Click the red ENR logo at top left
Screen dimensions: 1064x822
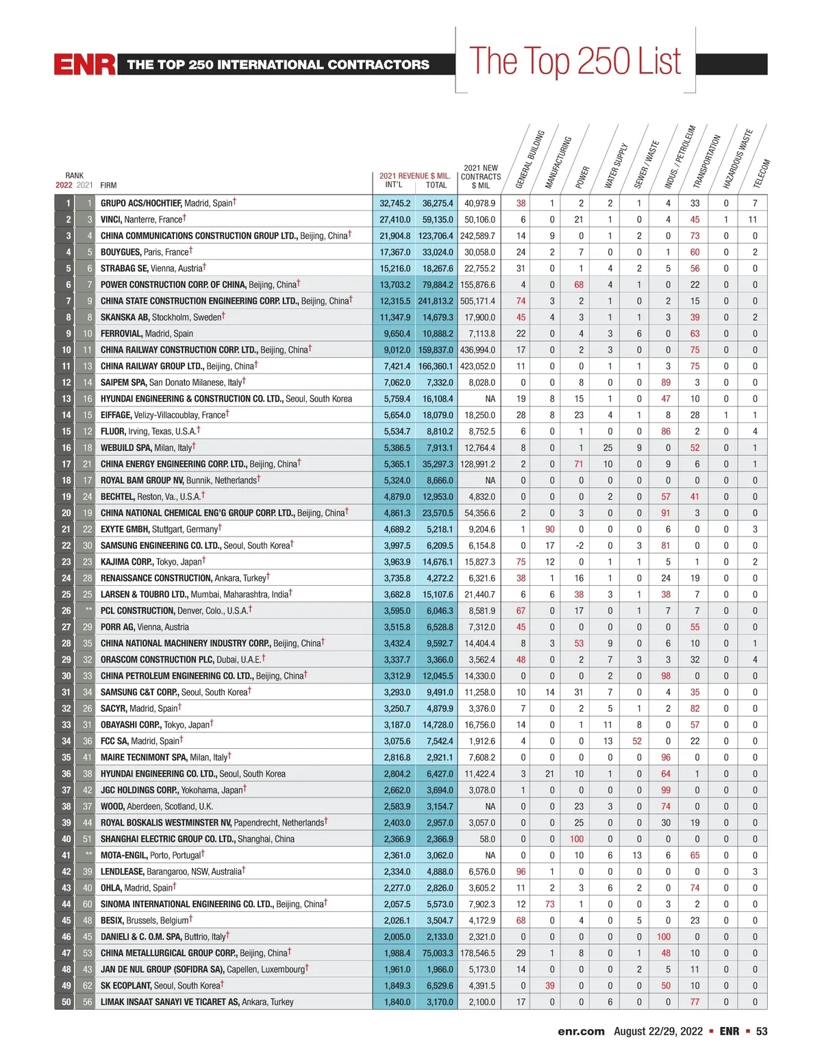click(84, 64)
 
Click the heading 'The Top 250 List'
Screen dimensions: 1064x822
click(575, 62)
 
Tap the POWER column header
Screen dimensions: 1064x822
click(582, 177)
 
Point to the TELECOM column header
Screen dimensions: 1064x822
click(762, 173)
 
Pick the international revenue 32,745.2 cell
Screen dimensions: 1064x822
click(395, 203)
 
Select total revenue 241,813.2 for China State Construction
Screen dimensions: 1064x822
click(436, 301)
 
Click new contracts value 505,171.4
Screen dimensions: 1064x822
click(478, 301)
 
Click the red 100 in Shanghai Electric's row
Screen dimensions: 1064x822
click(577, 839)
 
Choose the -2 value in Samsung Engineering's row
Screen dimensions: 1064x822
click(580, 545)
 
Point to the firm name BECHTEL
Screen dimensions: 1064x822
click(117, 497)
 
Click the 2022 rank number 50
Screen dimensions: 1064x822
click(66, 1002)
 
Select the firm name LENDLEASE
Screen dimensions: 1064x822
click(122, 871)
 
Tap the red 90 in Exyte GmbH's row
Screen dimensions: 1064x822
click(550, 529)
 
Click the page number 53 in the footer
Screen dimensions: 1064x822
click(762, 1031)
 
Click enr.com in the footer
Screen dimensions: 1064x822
click(581, 1031)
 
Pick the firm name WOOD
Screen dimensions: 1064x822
click(112, 806)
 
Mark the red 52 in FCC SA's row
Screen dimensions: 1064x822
click(637, 741)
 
